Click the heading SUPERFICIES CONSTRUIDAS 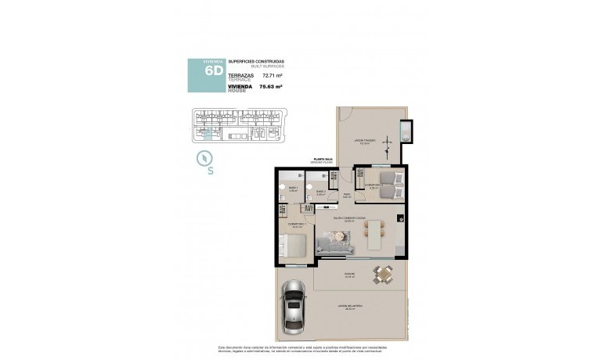tap(256, 61)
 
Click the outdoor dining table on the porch tap(382, 273)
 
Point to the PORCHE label tap(349, 273)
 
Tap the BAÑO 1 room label tap(293, 189)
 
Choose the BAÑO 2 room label tap(320, 192)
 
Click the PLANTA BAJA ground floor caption tap(323, 160)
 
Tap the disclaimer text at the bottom tap(302, 349)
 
